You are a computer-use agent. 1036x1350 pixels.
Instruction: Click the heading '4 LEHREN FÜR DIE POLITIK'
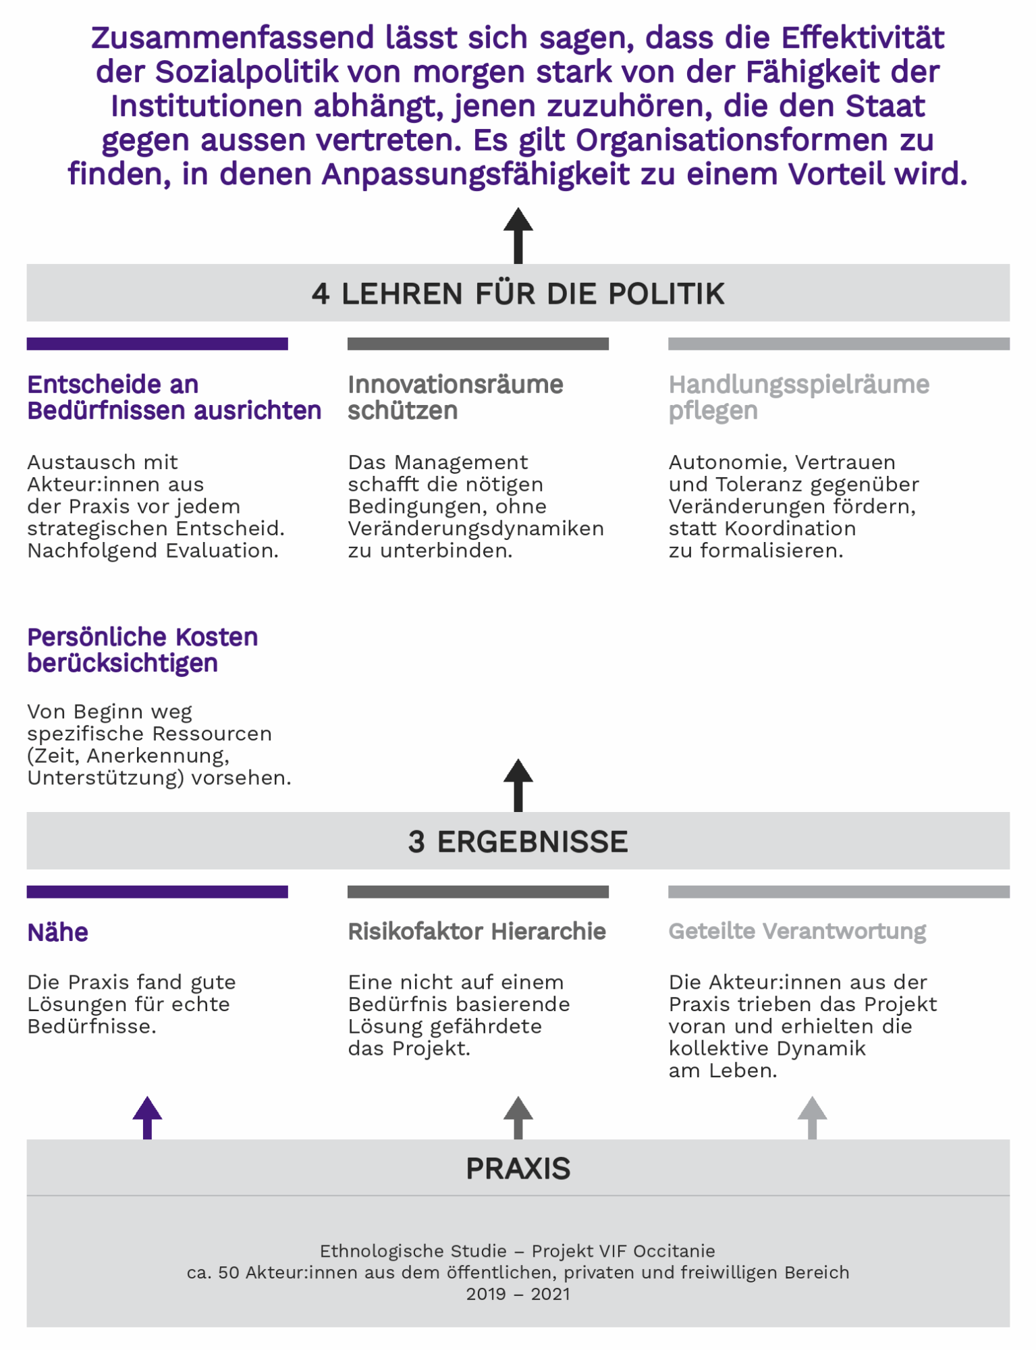click(x=518, y=294)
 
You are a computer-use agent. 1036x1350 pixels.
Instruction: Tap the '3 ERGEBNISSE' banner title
click(x=518, y=842)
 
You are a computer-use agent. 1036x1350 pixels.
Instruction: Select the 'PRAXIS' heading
click(x=518, y=1168)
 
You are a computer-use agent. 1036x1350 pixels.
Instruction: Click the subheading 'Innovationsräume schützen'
click(x=456, y=398)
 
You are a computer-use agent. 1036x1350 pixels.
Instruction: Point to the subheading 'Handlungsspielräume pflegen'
click(x=799, y=398)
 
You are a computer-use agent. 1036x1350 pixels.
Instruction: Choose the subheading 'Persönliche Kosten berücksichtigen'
click(x=142, y=650)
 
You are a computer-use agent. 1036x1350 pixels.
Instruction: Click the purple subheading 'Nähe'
click(x=57, y=932)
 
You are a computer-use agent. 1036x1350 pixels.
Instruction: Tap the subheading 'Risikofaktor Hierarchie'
click(x=476, y=932)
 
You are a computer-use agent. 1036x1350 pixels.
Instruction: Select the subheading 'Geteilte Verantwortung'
click(x=797, y=932)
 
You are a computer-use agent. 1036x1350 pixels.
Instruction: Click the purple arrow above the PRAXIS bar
click(x=147, y=1118)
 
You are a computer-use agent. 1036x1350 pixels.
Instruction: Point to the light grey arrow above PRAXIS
click(x=812, y=1118)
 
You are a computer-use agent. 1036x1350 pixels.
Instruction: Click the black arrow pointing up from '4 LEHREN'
click(x=518, y=236)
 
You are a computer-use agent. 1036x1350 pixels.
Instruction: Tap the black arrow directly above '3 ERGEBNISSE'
click(x=518, y=785)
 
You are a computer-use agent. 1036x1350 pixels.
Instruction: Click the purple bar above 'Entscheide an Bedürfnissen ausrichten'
click(x=157, y=344)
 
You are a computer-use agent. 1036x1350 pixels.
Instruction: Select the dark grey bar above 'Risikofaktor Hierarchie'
click(x=478, y=892)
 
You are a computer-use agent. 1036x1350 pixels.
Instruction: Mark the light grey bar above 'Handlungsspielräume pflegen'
click(x=839, y=344)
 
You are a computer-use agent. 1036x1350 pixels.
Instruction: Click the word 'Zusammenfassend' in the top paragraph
click(x=232, y=38)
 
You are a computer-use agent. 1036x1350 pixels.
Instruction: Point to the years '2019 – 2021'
click(x=518, y=1294)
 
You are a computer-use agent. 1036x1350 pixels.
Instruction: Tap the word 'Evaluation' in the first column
click(x=222, y=551)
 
